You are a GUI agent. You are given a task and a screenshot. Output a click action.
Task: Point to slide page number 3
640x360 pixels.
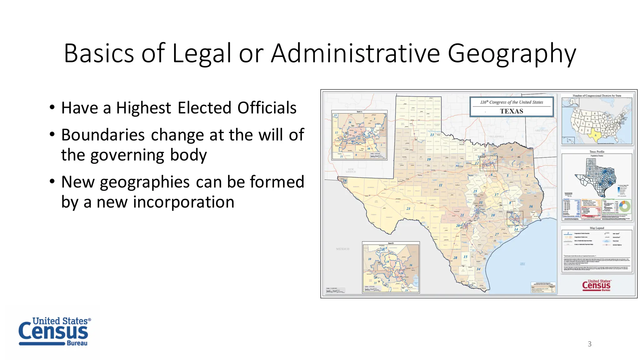589,344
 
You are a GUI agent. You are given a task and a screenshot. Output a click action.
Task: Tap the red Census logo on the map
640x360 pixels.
596,286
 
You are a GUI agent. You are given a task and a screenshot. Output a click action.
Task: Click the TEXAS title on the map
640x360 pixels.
511,111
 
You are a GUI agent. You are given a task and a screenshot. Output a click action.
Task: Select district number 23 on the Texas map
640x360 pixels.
408,208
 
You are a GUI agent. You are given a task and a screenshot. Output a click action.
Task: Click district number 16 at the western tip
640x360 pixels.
345,181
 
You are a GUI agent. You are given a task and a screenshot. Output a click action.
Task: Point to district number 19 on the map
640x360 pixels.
429,159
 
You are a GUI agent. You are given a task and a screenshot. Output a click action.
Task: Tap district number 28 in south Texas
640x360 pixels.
455,258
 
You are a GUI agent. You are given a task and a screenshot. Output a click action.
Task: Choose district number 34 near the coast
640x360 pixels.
478,269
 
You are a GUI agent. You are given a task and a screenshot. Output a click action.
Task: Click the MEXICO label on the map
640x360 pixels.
342,249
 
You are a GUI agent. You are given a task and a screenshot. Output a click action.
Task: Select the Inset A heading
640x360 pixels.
359,112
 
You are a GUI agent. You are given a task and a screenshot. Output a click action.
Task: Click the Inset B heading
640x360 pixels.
391,243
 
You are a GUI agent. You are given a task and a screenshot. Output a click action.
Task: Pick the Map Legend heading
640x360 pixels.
597,228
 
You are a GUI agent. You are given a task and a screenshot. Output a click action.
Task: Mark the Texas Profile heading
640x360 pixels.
597,152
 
